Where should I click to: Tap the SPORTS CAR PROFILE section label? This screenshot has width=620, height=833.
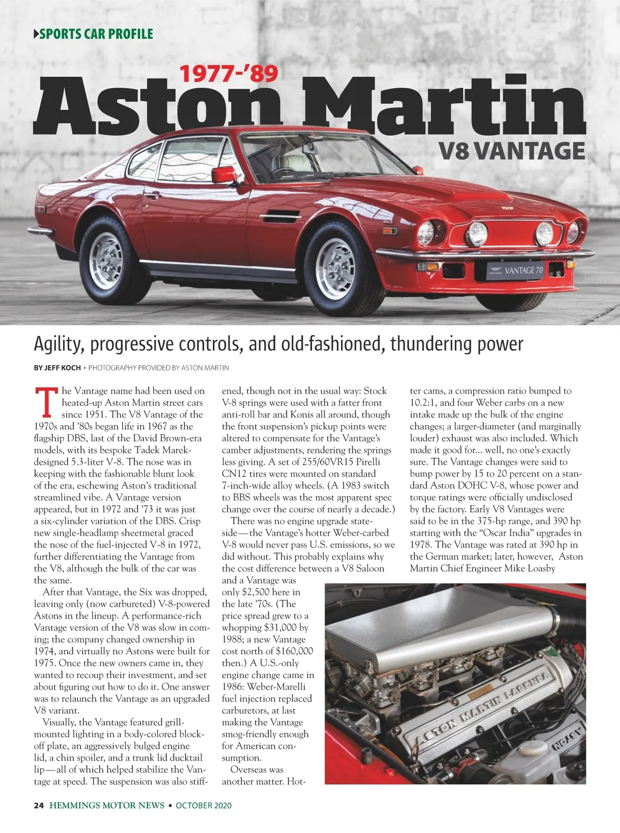pyautogui.click(x=96, y=35)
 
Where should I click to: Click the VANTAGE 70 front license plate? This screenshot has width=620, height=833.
pyautogui.click(x=515, y=270)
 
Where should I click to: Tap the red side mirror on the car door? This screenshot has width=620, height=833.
pyautogui.click(x=224, y=175)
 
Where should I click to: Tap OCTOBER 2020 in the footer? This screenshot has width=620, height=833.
pyautogui.click(x=204, y=805)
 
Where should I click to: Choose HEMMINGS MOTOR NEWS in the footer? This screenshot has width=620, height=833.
pyautogui.click(x=107, y=805)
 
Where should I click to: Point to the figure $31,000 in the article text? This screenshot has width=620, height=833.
pyautogui.click(x=282, y=627)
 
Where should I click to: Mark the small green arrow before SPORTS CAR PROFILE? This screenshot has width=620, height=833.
pyautogui.click(x=36, y=35)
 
